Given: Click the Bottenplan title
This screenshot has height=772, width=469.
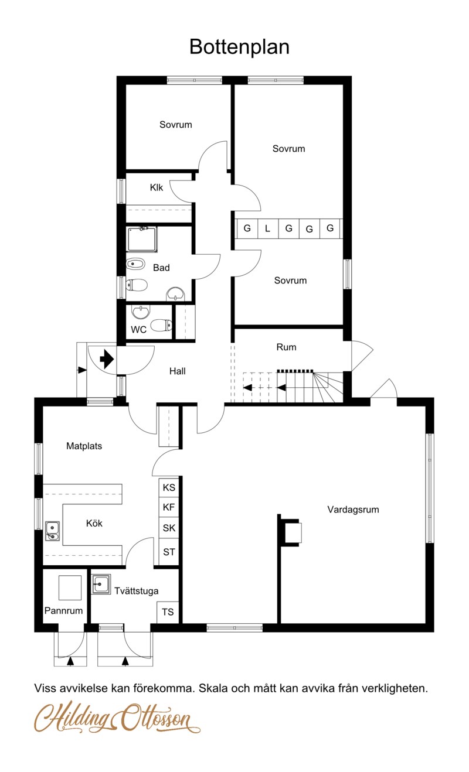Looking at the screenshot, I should [239, 47].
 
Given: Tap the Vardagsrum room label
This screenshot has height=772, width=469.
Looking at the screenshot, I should [353, 510].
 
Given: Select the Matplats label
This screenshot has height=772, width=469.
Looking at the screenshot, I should [84, 446].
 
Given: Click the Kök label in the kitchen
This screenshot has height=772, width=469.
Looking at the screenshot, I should [94, 523].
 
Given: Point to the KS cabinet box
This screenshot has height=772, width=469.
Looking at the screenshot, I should [169, 487].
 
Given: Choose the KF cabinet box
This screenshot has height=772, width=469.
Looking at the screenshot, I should [169, 507].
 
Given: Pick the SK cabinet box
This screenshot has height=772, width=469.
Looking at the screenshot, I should [169, 528].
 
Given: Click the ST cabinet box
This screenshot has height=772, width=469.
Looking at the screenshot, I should [169, 552].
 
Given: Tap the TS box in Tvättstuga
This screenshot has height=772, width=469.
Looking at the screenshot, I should [168, 612].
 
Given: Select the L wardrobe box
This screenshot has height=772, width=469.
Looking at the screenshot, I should [267, 228].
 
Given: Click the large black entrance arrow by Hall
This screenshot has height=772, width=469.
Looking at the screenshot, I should [107, 358].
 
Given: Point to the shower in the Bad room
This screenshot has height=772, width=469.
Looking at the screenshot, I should [142, 240].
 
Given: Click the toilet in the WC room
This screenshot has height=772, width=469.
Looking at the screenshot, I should [161, 324].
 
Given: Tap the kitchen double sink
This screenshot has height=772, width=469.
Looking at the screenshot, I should [52, 530].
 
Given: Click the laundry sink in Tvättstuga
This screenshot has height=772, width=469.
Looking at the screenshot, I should [102, 584].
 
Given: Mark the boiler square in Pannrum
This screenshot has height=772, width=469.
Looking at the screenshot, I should [70, 587].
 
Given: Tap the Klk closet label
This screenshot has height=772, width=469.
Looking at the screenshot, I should [157, 188].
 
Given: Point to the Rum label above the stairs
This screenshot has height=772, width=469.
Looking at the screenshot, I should [286, 347].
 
